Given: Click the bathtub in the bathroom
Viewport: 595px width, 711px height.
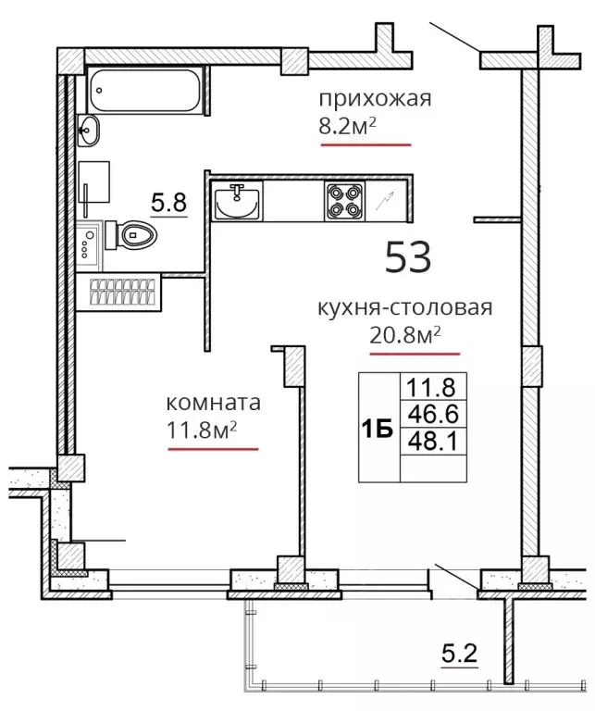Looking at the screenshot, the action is click(x=145, y=90).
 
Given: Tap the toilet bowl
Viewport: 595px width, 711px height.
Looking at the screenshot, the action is click(x=131, y=235).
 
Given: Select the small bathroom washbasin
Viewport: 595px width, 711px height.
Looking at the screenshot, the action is click(x=88, y=131).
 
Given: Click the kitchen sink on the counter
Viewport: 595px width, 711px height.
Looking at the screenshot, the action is click(x=237, y=201).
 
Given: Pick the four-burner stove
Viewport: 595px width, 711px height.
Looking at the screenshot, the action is click(x=344, y=201).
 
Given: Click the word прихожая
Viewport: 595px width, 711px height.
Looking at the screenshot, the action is click(x=375, y=98).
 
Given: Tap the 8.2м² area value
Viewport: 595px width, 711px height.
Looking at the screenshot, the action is click(x=348, y=127).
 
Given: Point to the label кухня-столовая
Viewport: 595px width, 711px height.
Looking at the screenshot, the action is click(x=404, y=307).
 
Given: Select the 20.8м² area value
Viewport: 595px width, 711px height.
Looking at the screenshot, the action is click(x=405, y=335).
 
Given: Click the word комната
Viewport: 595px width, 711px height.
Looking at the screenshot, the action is click(x=214, y=402).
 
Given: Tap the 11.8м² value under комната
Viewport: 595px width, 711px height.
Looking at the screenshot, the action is click(x=202, y=430).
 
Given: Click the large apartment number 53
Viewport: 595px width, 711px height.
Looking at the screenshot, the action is click(x=408, y=256).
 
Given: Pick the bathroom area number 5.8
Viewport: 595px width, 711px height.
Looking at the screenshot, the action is click(x=168, y=203).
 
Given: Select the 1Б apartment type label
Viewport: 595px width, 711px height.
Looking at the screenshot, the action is click(x=377, y=430).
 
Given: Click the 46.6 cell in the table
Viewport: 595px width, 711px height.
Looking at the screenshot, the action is click(x=433, y=414).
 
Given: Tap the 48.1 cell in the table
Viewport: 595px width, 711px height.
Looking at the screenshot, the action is click(x=433, y=441).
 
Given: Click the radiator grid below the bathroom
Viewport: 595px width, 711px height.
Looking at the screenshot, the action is click(x=122, y=292).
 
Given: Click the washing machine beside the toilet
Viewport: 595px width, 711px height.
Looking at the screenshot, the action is click(x=89, y=244).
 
